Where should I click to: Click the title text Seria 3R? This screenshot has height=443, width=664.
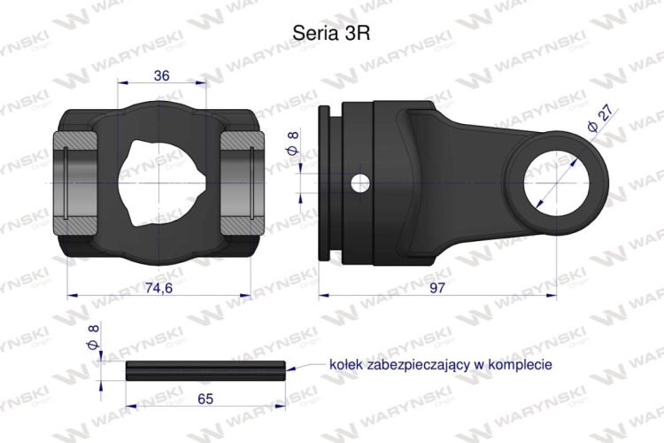click(331, 33)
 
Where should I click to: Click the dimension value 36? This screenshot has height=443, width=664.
click(161, 75)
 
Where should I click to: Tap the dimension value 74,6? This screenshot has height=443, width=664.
click(158, 288)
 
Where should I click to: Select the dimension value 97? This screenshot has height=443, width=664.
click(437, 288)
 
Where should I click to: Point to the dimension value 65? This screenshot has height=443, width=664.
click(205, 399)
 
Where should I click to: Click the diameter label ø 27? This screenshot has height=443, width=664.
click(599, 119)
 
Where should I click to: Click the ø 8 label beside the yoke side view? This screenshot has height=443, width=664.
click(293, 144)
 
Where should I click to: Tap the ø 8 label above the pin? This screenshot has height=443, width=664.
click(93, 337)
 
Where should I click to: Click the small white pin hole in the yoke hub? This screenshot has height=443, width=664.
click(359, 183)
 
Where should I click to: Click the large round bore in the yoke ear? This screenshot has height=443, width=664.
click(556, 183)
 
